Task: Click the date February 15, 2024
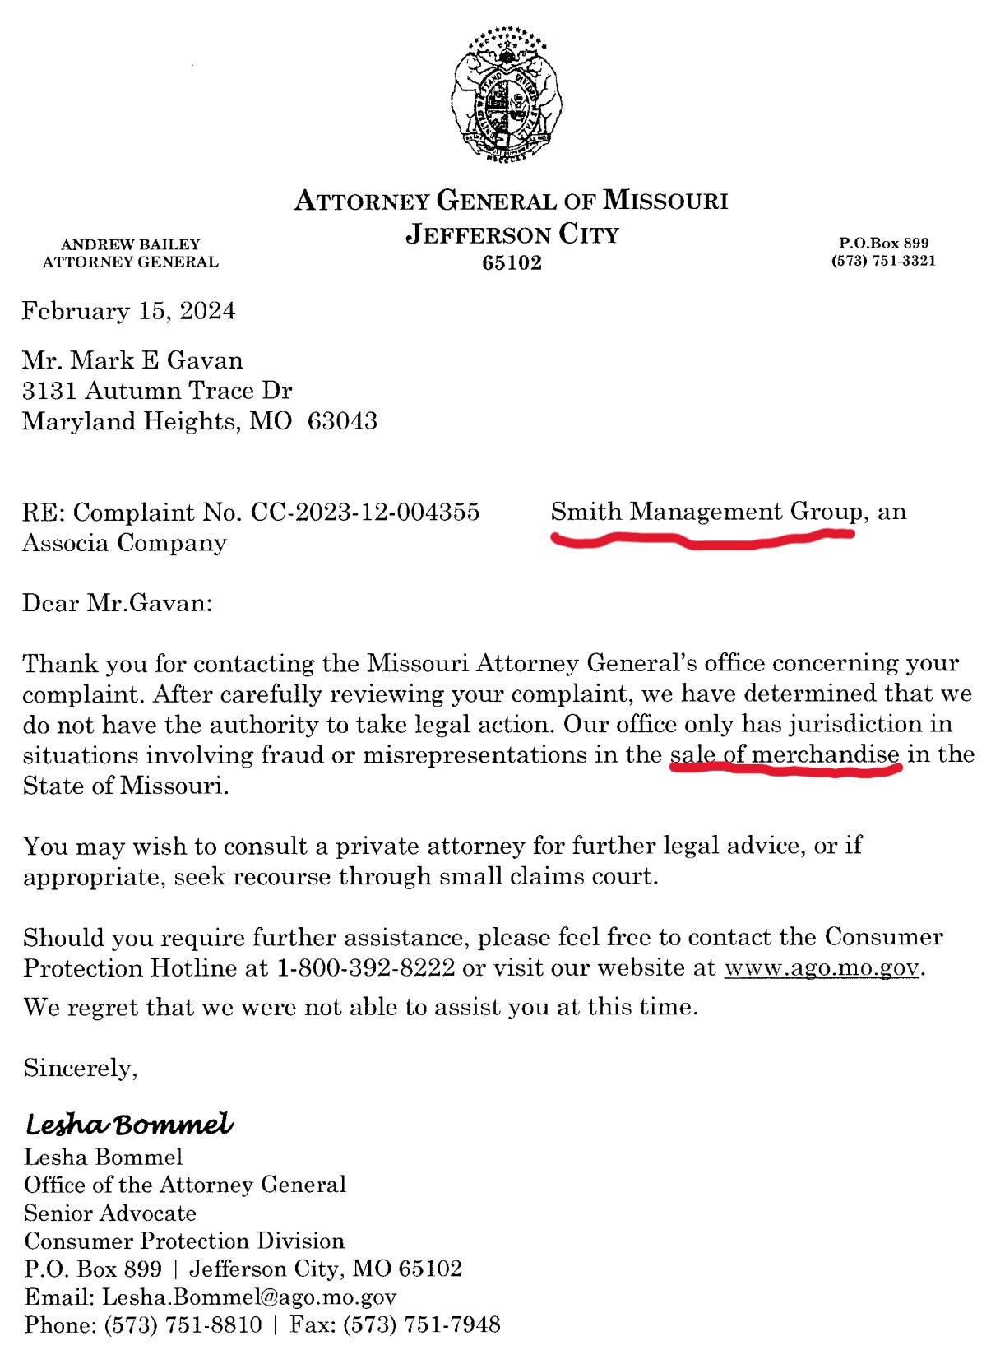click(128, 311)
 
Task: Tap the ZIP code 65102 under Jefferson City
click(512, 263)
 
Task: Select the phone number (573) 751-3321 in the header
click(883, 261)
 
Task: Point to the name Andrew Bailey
click(131, 244)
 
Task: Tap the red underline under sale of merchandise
click(785, 770)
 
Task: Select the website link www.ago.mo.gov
click(821, 967)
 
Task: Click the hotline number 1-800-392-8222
click(366, 967)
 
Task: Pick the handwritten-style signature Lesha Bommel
click(129, 1124)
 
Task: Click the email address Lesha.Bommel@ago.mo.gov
click(249, 1297)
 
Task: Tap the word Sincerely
click(80, 1068)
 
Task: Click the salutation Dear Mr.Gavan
click(117, 603)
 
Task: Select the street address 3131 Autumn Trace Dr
click(157, 390)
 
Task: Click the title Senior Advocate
click(110, 1213)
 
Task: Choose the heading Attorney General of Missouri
click(511, 201)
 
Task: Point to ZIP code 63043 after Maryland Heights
click(342, 421)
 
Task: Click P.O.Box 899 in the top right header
click(883, 244)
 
